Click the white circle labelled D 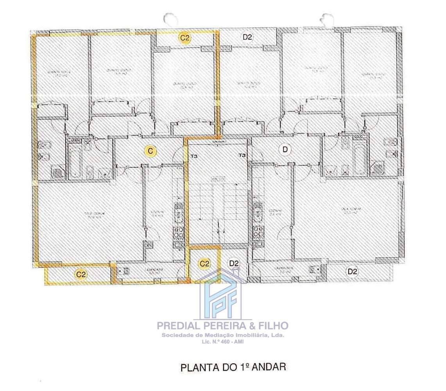285,149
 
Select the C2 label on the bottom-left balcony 81,274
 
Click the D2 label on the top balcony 247,38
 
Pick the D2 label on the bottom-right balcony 352,271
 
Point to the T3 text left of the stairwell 193,156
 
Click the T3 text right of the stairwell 242,156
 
